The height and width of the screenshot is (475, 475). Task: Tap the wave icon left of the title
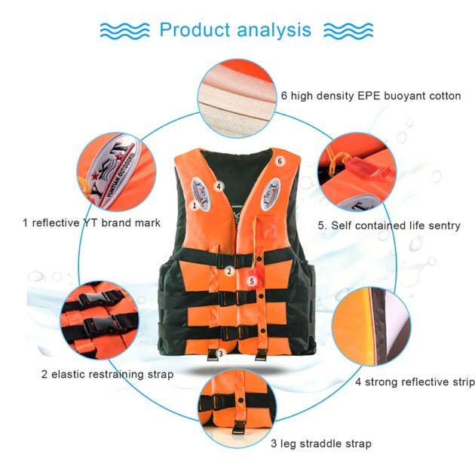pyautogui.click(x=124, y=30)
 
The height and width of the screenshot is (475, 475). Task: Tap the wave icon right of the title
pyautogui.click(x=348, y=30)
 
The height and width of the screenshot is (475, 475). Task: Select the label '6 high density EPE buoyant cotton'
pyautogui.click(x=370, y=96)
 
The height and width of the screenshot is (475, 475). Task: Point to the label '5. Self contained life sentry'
pyautogui.click(x=388, y=225)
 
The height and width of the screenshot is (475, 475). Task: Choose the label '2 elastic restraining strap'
pyautogui.click(x=107, y=374)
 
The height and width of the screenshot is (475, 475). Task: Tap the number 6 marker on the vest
pyautogui.click(x=280, y=161)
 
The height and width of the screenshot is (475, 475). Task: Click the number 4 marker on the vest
pyautogui.click(x=218, y=185)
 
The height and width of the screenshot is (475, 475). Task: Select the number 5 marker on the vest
pyautogui.click(x=253, y=280)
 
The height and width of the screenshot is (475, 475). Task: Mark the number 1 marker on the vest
pyautogui.click(x=194, y=204)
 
